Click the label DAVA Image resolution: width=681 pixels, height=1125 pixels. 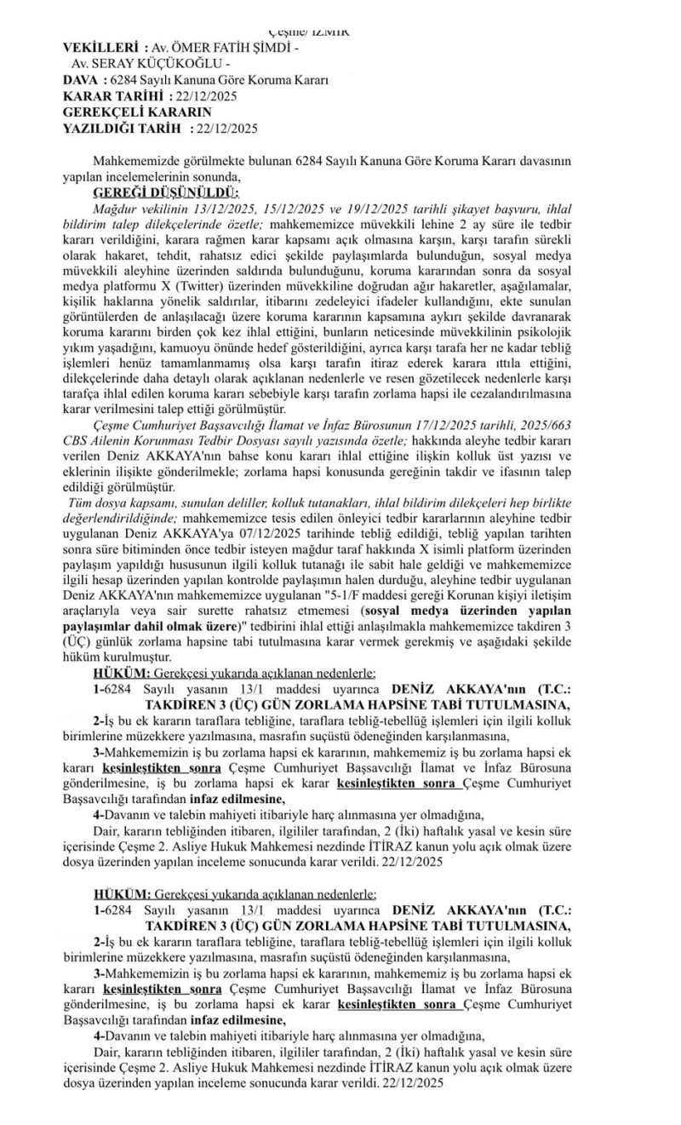82,80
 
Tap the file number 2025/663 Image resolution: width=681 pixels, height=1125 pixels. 587,418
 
